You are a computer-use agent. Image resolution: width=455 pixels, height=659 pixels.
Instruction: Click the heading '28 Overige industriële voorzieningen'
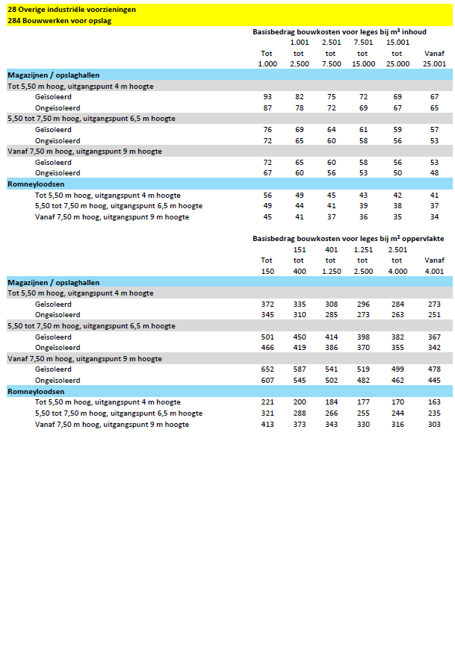coord(72,10)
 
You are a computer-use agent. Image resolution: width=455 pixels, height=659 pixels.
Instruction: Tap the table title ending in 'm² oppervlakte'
coord(348,240)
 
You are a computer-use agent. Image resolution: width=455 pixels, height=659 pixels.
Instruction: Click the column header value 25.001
coord(434,64)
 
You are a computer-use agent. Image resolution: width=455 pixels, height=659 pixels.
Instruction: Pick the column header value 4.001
coord(434,272)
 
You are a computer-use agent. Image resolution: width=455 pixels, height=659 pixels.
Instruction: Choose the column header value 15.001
coord(397,43)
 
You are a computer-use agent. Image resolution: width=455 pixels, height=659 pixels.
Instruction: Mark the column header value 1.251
coord(363,250)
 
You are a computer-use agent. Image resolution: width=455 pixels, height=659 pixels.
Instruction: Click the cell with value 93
coord(267,98)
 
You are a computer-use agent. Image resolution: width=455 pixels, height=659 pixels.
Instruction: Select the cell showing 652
coord(267,369)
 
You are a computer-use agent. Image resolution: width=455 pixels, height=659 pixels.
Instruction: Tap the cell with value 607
coord(267,381)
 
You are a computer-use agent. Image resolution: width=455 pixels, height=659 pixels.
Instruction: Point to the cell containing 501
coord(267,337)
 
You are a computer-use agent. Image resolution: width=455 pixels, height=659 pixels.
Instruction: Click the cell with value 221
coord(267,402)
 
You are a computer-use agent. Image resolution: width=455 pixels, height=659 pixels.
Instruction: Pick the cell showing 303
coord(434,425)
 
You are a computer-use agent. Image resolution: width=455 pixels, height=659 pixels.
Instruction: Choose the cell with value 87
coord(267,108)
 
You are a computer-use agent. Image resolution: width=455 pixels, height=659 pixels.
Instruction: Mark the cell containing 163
coord(434,402)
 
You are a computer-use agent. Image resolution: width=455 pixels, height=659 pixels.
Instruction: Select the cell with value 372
coord(267,304)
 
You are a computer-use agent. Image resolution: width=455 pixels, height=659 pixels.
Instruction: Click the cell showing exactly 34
coord(434,217)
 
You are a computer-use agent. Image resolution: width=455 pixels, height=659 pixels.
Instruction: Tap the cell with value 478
coord(434,369)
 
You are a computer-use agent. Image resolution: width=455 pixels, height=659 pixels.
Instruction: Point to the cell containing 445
coord(434,381)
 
